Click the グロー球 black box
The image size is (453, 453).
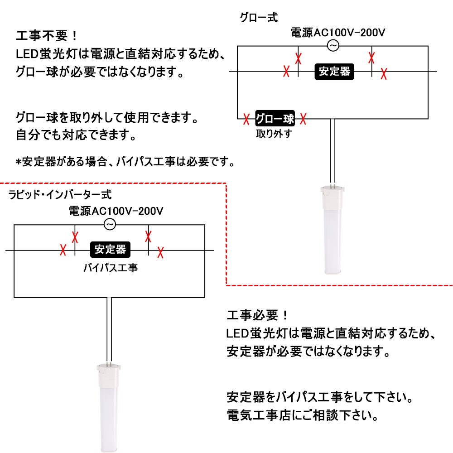(275, 118)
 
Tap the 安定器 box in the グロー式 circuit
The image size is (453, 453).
(334, 72)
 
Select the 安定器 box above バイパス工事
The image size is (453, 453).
(110, 249)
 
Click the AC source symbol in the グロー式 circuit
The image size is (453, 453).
(333, 46)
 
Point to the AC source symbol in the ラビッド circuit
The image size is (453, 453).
(110, 225)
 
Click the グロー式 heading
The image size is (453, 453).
(259, 18)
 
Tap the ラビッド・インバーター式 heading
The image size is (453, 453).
(60, 195)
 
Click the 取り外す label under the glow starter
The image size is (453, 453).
(274, 134)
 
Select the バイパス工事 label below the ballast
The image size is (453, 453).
(111, 268)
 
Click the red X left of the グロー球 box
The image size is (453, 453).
(246, 119)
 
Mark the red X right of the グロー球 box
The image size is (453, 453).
(303, 118)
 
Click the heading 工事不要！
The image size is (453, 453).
(47, 36)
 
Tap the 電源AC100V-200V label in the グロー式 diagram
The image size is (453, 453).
(338, 33)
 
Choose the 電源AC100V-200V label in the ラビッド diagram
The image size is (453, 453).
(116, 211)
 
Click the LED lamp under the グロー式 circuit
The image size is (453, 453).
(333, 230)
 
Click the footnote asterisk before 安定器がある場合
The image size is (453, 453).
(19, 162)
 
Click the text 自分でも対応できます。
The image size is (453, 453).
(76, 135)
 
